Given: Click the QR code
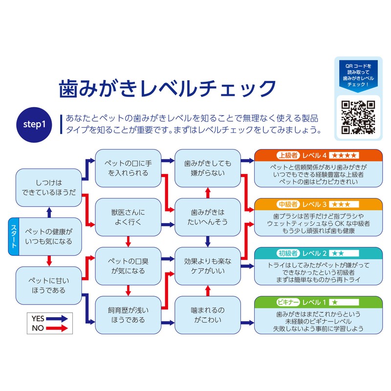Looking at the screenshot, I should click(x=357, y=116).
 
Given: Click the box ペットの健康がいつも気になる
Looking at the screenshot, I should click(x=48, y=236).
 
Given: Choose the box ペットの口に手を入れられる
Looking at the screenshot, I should click(x=128, y=167).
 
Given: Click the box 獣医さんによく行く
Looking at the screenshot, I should click(x=128, y=217).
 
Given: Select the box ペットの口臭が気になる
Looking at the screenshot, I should click(x=128, y=265).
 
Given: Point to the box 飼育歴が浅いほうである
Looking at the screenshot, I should click(x=128, y=314).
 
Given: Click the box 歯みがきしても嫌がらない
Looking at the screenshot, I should click(x=207, y=167).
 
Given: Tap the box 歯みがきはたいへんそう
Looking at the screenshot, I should click(x=207, y=217).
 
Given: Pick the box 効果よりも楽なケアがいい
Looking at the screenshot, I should click(x=207, y=265).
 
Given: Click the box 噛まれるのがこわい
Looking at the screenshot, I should click(x=207, y=314).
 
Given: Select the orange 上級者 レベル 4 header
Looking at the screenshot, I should click(x=318, y=155).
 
